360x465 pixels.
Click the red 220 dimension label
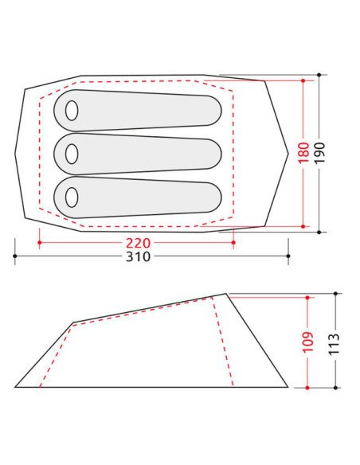(x=139, y=243)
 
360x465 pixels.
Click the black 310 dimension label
(x=139, y=256)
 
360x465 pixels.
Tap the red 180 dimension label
(x=303, y=153)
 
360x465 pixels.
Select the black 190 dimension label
(x=319, y=153)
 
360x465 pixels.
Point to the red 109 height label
(x=307, y=342)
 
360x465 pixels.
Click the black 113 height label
(x=335, y=344)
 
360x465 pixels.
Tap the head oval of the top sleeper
(x=72, y=111)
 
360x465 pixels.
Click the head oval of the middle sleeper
(x=72, y=154)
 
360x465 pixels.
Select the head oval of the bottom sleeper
(x=72, y=197)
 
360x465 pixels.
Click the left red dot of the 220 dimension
(x=40, y=243)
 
